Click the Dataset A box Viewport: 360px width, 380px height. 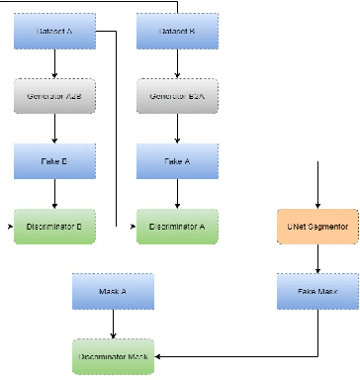coord(54,33)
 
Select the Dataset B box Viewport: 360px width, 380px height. coord(177,33)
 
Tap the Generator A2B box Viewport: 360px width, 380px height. coord(54,96)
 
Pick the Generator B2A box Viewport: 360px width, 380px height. coord(177,96)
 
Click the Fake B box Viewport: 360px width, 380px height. coord(54,160)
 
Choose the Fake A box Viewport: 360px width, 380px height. coord(177,160)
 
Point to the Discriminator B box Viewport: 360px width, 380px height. coord(54,227)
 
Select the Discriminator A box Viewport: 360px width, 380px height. coord(177,227)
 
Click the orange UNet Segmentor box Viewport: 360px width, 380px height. coord(317,227)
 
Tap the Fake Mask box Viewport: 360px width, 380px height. coord(317,291)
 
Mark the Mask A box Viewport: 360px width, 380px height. coord(114,291)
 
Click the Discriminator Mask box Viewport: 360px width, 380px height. coord(114,355)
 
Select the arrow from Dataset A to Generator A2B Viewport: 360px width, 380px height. coord(54,64)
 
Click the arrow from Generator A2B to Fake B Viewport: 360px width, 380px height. coord(54,129)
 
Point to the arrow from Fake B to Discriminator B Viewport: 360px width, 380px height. coord(54,193)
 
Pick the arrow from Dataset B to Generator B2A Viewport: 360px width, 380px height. coord(177,64)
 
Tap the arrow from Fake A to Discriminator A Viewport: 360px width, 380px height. coord(177,193)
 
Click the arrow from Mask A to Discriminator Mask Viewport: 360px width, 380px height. coord(114,323)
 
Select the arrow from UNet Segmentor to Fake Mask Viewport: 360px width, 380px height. coord(317,259)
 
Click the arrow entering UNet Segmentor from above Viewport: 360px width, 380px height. coord(317,188)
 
